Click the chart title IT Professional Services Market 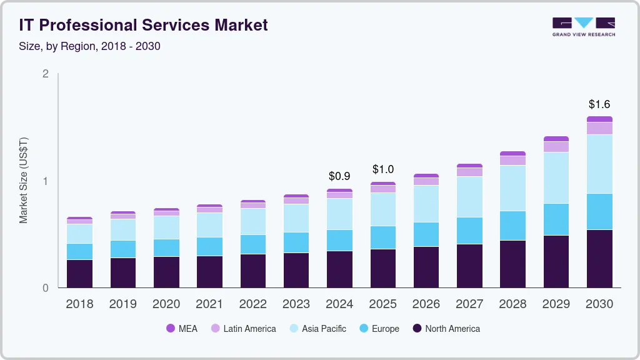[143, 25]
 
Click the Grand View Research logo [583, 27]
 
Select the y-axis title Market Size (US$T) [24, 181]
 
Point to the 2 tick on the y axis [45, 74]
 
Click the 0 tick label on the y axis [45, 288]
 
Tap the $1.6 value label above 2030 [599, 104]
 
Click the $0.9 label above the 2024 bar [339, 177]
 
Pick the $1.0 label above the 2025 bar [382, 169]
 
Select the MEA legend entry [182, 328]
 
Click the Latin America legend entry [243, 328]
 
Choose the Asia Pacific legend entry [317, 328]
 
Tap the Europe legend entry [379, 328]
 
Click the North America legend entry [446, 328]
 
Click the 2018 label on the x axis [79, 304]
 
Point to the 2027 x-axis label [469, 304]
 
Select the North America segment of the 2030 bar [599, 259]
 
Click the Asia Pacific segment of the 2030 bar [599, 164]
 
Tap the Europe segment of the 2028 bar [512, 226]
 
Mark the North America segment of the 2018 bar [79, 274]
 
